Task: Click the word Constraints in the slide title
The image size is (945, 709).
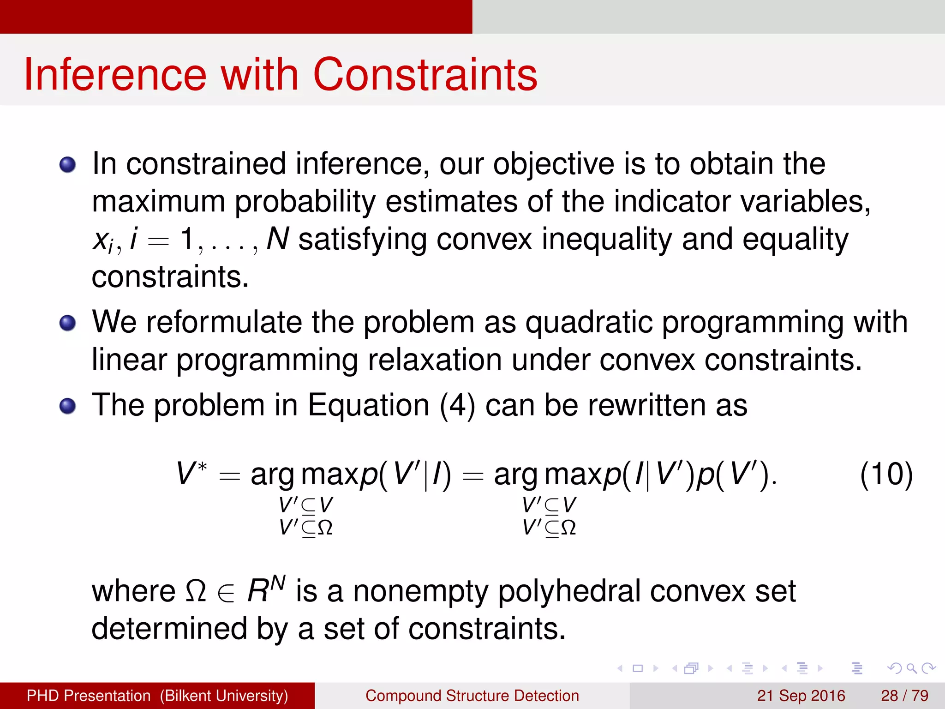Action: pyautogui.click(x=425, y=75)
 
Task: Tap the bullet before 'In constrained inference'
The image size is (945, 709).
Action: pyautogui.click(x=67, y=164)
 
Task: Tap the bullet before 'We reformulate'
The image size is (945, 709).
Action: pyautogui.click(x=67, y=323)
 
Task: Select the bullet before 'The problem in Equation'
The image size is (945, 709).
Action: pyautogui.click(x=67, y=406)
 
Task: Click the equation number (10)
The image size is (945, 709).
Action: pyautogui.click(x=886, y=475)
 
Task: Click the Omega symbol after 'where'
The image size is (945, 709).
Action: pyautogui.click(x=195, y=591)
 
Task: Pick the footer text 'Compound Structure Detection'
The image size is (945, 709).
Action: pyautogui.click(x=472, y=696)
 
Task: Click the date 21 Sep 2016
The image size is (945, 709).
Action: pyautogui.click(x=801, y=696)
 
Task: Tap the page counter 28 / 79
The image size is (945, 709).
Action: pyautogui.click(x=904, y=696)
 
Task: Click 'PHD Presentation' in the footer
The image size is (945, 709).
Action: pyautogui.click(x=89, y=696)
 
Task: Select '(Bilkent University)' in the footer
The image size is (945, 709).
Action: pyautogui.click(x=224, y=696)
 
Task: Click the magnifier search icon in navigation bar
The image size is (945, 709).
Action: pyautogui.click(x=911, y=668)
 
